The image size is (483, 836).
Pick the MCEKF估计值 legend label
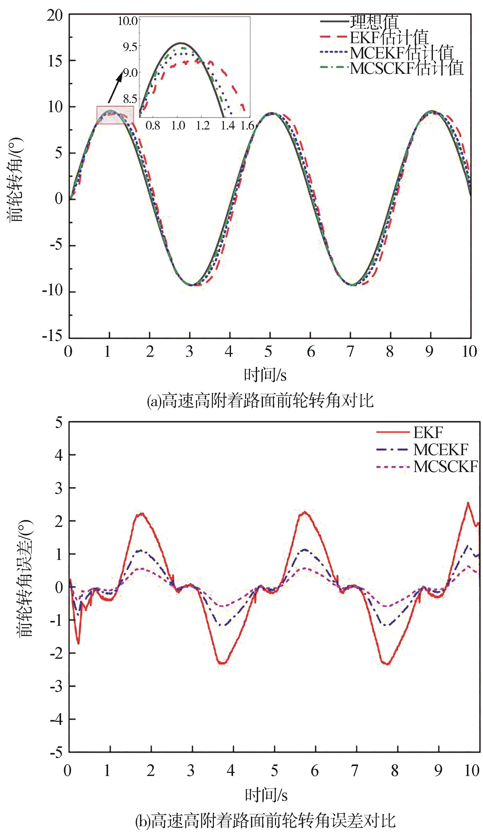tap(401, 53)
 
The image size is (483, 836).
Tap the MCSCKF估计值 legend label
tap(407, 68)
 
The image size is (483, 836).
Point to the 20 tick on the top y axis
tap(55, 15)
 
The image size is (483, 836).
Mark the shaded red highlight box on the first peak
tap(115, 115)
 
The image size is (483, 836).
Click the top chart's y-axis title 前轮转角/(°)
tap(15, 179)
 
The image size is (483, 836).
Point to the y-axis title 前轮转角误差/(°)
tap(25, 579)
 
